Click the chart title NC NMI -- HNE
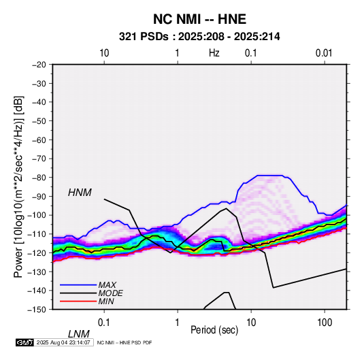click(199, 19)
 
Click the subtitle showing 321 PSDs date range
click(199, 37)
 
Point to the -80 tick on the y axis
click(39, 178)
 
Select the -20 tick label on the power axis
click(39, 65)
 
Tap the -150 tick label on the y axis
click(37, 310)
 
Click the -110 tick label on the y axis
click(37, 234)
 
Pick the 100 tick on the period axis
click(325, 323)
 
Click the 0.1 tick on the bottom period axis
click(103, 323)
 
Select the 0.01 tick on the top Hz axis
click(324, 53)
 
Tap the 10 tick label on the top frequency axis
click(104, 53)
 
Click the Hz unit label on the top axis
click(214, 53)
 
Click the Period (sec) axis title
click(214, 330)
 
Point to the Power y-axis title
click(18, 186)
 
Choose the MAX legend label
click(107, 285)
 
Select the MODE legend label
click(110, 293)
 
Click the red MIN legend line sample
click(78, 301)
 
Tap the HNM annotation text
click(80, 193)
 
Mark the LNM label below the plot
click(78, 334)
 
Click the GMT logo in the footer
click(25, 342)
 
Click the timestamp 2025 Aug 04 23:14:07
click(63, 342)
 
